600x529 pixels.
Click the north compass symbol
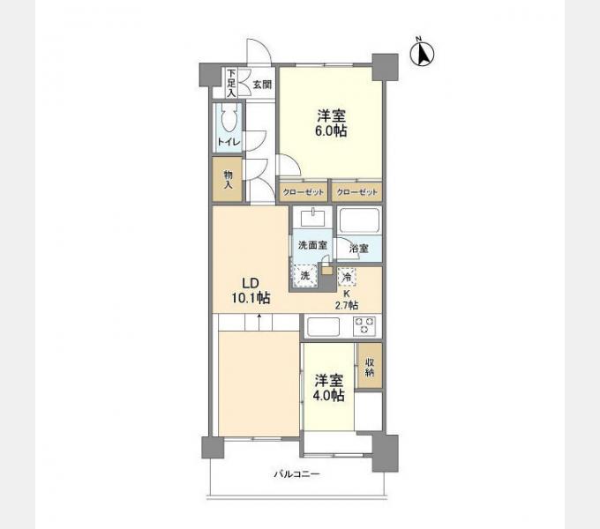(422, 54)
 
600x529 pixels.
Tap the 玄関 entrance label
(262, 85)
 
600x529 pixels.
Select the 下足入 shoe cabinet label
(231, 83)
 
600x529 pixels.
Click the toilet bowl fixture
(229, 118)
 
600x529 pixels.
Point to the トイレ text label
(229, 142)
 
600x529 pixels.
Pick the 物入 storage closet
(228, 179)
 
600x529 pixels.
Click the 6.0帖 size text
(331, 131)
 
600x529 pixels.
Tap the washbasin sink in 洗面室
(312, 219)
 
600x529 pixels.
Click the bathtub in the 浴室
(359, 220)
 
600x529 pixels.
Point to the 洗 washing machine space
(305, 276)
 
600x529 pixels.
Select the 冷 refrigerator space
(347, 277)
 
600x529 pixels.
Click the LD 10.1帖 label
(251, 290)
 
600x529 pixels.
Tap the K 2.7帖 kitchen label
(347, 300)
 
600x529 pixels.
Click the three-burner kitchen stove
(364, 326)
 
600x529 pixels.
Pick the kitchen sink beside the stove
(323, 327)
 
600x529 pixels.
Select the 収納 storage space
(369, 366)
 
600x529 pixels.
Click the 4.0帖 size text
(328, 396)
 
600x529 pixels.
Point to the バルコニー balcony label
(296, 474)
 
